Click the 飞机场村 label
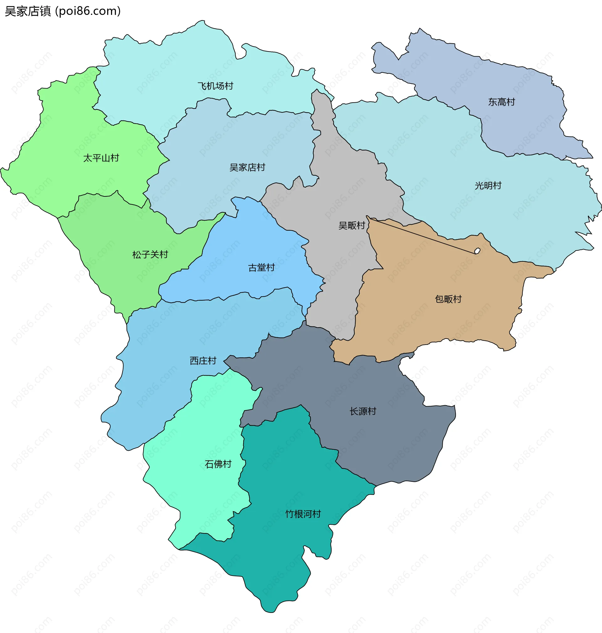click(x=215, y=86)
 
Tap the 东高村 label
click(x=501, y=102)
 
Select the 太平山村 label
click(x=101, y=158)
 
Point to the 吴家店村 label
click(x=247, y=167)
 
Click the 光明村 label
click(x=488, y=185)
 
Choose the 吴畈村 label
click(x=352, y=225)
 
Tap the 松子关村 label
click(x=150, y=255)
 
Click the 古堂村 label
click(x=261, y=267)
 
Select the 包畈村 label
click(x=448, y=299)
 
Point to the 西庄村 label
click(x=203, y=361)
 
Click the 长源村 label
click(x=363, y=411)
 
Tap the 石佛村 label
click(x=218, y=464)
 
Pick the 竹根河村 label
click(x=303, y=514)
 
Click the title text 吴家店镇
click(x=28, y=11)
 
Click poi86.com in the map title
click(x=88, y=11)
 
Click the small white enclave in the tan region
click(x=477, y=251)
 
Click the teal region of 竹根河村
click(x=283, y=552)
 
